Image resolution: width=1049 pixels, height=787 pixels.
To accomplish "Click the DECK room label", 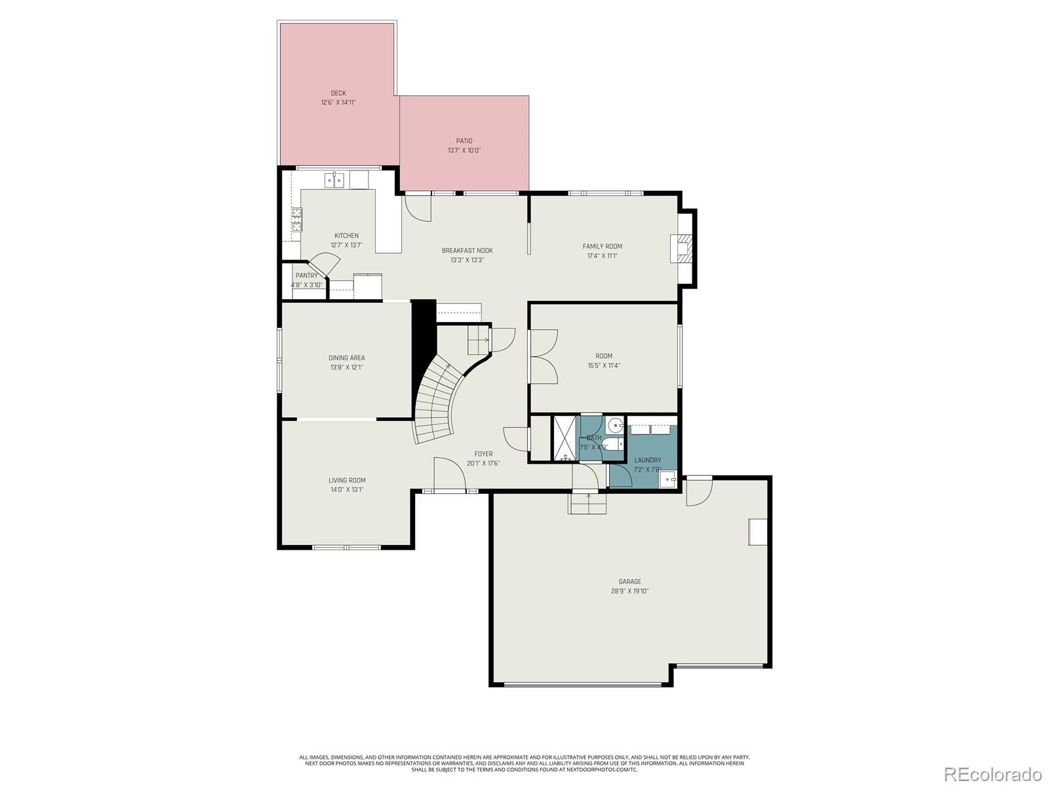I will click(338, 93).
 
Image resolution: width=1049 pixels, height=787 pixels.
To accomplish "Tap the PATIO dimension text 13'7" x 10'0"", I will click(464, 150).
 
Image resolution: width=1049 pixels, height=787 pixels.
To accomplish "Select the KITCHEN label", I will click(346, 235).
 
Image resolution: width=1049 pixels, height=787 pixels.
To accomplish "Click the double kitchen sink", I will click(335, 180).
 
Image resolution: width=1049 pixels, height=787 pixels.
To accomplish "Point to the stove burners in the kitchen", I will click(297, 219).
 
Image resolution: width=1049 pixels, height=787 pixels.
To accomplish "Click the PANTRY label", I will click(306, 275).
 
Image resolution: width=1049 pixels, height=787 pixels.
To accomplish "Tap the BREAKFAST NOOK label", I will click(467, 251).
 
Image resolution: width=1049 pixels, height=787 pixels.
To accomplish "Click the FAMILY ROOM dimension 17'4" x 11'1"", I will click(602, 256).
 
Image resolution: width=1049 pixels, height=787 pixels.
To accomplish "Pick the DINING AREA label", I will click(346, 358).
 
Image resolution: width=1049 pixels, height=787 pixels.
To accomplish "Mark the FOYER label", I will click(483, 454).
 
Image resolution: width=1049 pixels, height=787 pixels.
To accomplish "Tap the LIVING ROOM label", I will click(347, 480).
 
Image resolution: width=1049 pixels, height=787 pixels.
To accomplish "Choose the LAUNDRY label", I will click(647, 460).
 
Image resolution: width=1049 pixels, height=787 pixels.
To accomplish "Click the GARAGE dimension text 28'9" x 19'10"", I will click(629, 591).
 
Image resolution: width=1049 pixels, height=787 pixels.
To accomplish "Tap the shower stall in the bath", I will click(564, 438).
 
